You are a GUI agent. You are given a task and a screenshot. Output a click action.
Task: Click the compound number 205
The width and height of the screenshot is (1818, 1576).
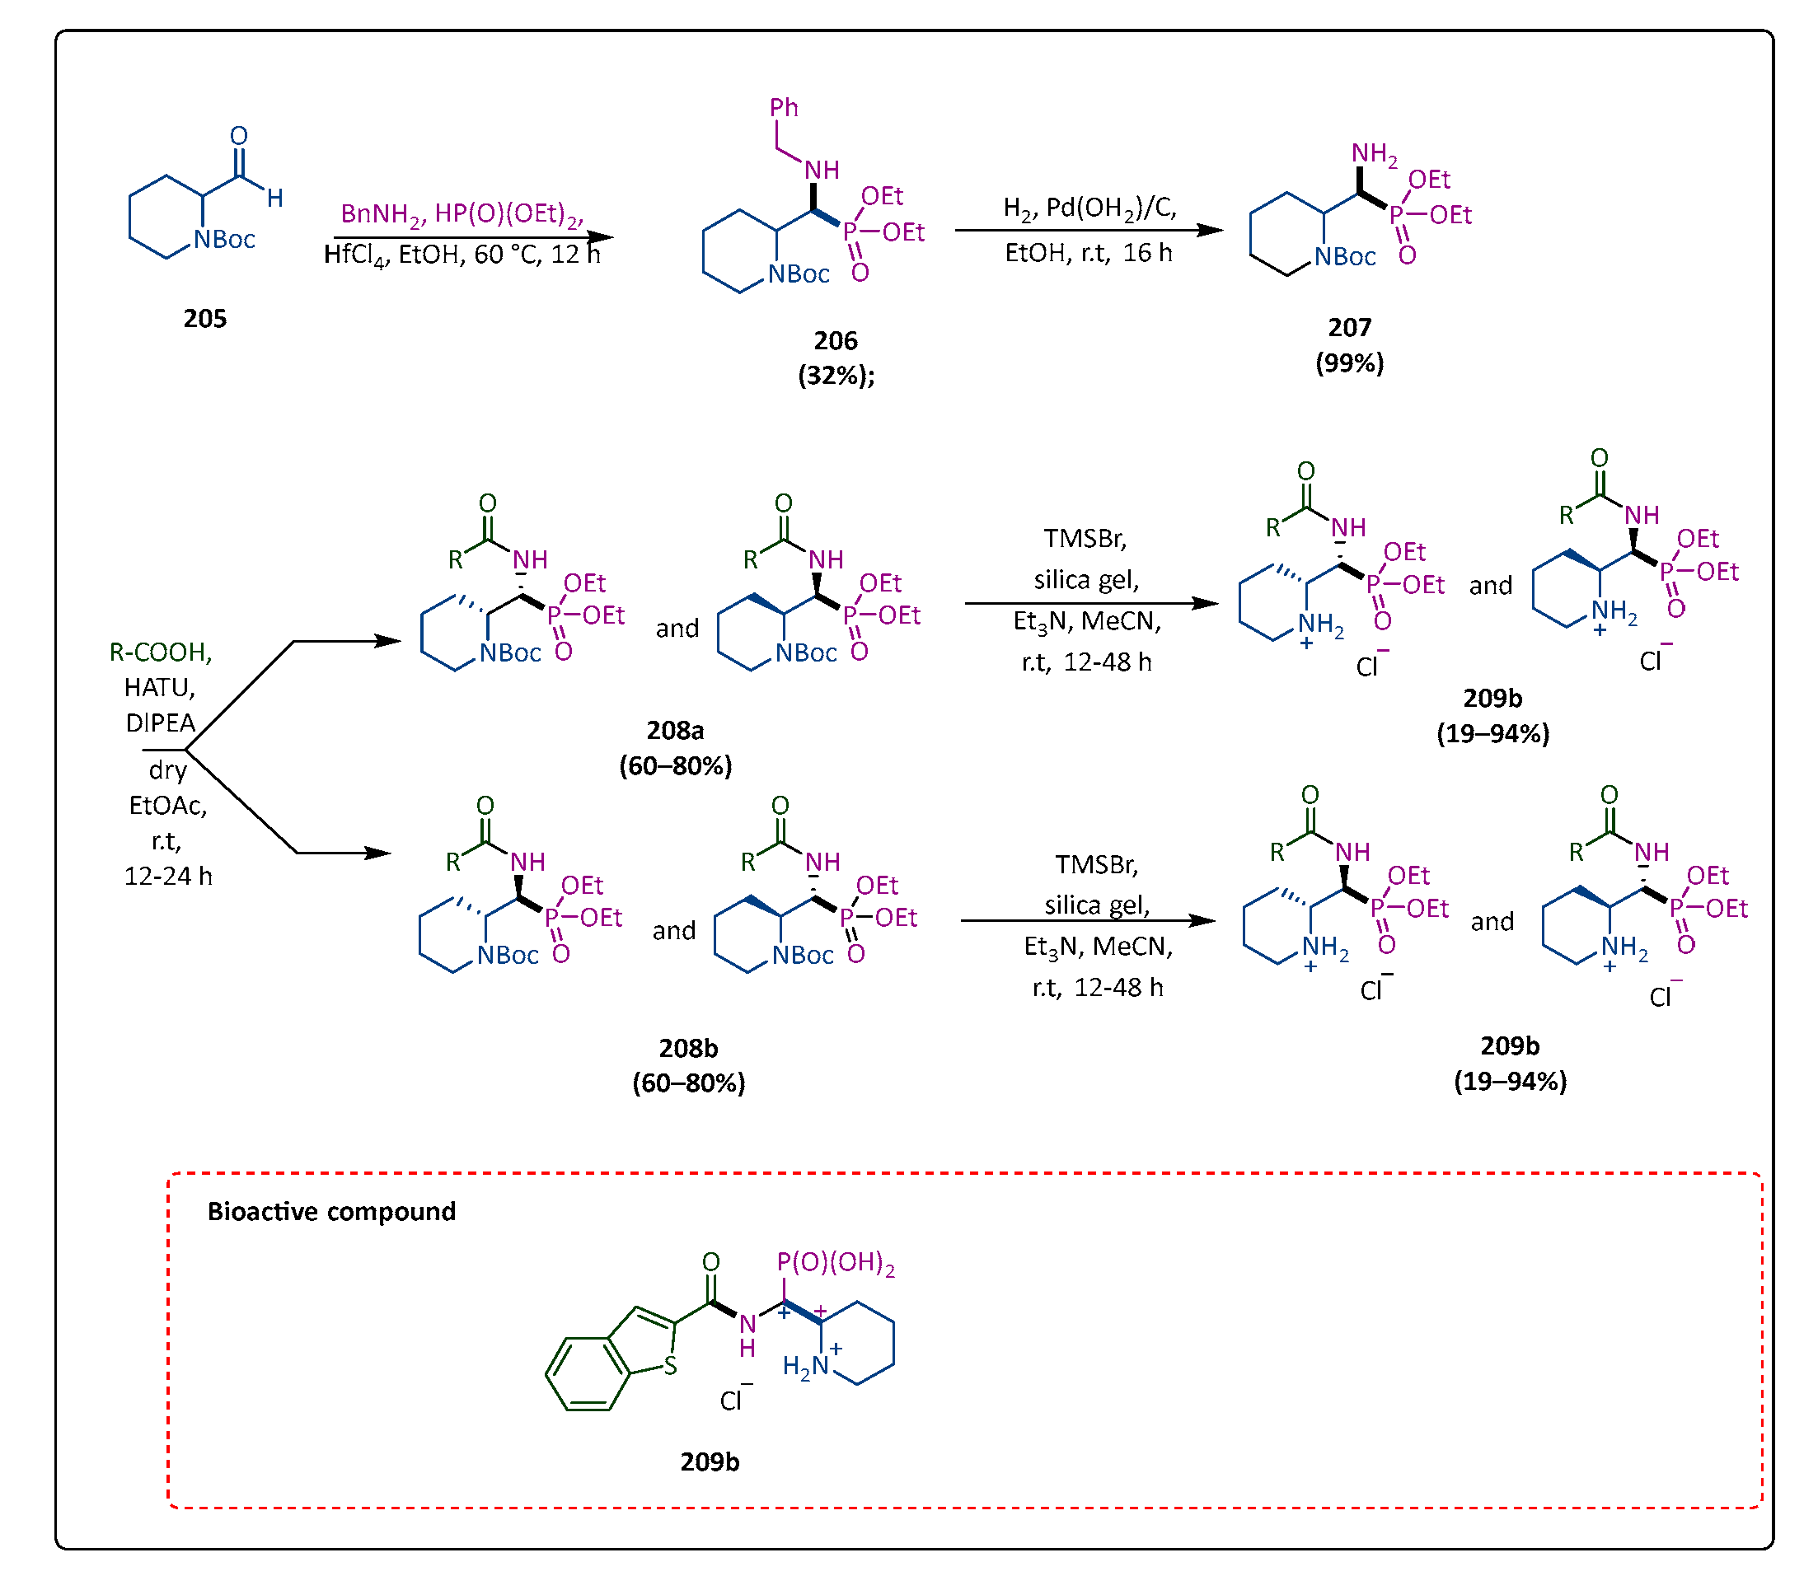click(205, 318)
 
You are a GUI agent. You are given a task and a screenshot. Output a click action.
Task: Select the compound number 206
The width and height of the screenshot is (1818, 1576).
click(835, 340)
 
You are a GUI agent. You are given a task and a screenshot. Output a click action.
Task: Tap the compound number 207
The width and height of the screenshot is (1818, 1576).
click(1349, 327)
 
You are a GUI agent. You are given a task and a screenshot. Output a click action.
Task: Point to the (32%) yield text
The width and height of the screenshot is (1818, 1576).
click(836, 376)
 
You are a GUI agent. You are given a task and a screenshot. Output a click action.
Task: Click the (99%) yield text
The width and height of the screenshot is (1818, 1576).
click(1349, 362)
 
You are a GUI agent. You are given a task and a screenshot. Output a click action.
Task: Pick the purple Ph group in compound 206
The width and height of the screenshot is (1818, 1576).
click(784, 108)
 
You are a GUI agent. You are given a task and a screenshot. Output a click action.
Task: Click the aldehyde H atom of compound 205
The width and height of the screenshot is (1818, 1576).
click(275, 198)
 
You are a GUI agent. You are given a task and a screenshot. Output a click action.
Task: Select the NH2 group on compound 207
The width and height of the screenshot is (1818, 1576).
click(1374, 154)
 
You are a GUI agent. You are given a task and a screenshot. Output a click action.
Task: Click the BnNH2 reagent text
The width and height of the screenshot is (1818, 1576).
click(381, 213)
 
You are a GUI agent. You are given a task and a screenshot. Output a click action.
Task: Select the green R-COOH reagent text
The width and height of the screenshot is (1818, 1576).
click(160, 652)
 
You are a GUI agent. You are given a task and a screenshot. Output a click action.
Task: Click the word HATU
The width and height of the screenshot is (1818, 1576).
click(159, 687)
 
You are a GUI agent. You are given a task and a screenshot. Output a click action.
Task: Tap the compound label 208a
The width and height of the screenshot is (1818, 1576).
click(675, 730)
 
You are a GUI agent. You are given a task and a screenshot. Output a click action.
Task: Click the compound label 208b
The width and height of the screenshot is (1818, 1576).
click(688, 1048)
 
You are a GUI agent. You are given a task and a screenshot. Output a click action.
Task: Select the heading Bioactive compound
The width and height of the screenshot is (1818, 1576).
click(331, 1212)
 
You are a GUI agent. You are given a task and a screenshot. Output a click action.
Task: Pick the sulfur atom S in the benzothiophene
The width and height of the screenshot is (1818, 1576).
click(670, 1366)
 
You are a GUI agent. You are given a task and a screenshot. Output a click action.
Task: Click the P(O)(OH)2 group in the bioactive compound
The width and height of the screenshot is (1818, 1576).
click(835, 1263)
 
